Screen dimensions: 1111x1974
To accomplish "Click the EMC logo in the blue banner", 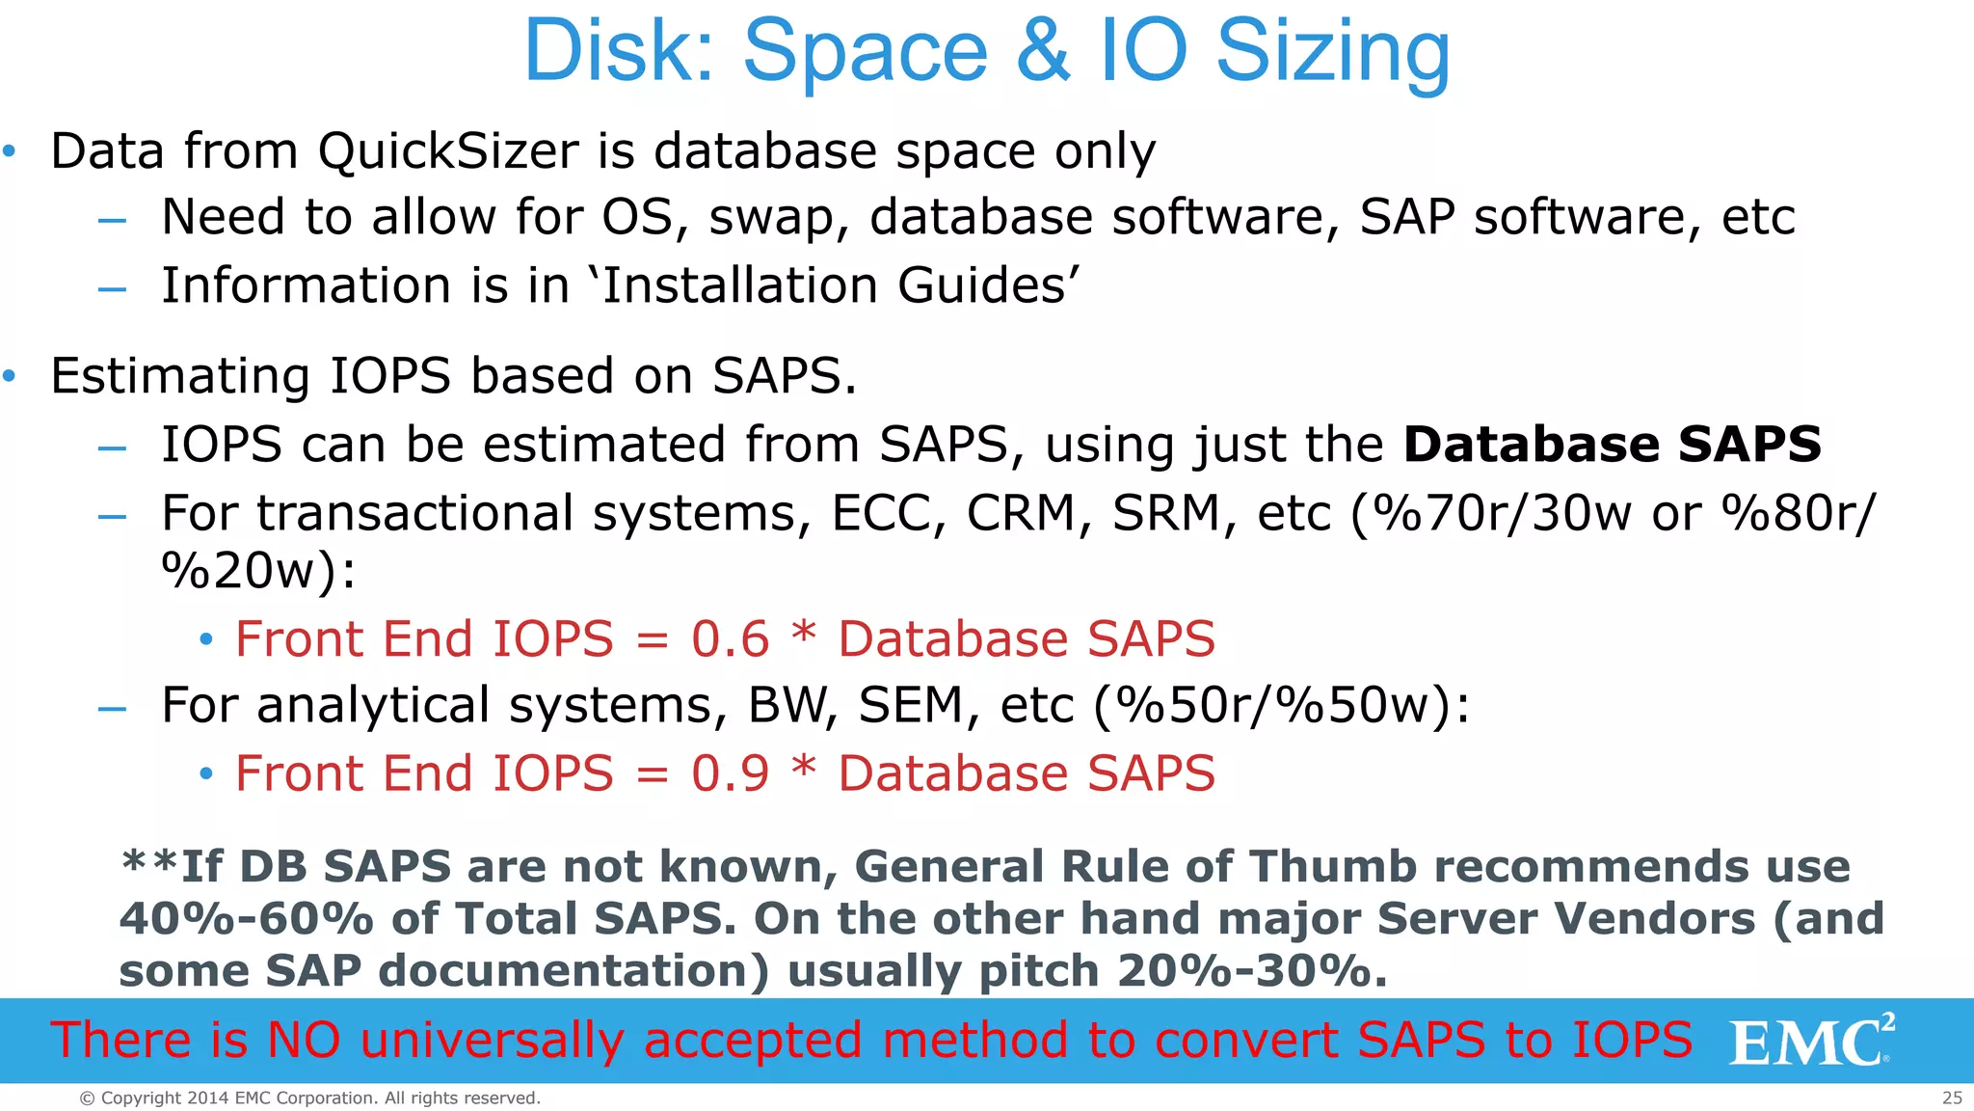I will pos(1810,1042).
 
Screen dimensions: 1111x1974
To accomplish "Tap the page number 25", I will pos(1952,1097).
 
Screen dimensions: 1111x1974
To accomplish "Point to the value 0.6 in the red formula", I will pos(730,639).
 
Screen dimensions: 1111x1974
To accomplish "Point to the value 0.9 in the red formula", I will pos(730,773).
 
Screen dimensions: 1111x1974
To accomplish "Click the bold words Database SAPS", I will pos(1612,445).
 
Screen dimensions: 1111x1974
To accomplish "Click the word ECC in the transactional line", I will pos(887,513).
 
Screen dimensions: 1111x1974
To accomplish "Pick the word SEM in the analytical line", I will pos(911,705).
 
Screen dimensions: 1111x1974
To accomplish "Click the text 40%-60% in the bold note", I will pos(246,919).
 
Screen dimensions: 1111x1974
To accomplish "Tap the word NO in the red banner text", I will pos(304,1041).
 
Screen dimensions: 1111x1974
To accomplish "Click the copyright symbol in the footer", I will pos(87,1098).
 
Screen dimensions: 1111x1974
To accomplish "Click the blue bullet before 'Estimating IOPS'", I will pos(10,376).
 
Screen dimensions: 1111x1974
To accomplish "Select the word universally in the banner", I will pos(491,1041).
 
